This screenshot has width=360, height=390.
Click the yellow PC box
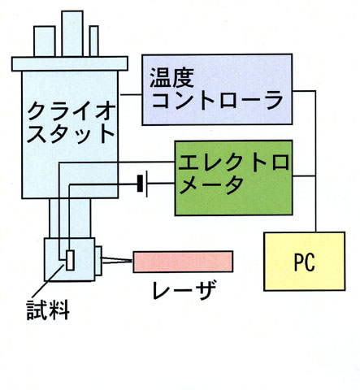tap(305, 262)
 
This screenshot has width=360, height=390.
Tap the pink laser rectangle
tap(183, 262)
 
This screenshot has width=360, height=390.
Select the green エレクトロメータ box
tap(233, 178)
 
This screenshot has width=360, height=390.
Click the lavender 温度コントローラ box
tap(217, 89)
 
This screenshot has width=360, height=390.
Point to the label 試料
tap(48, 310)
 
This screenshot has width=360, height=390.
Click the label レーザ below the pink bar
tap(184, 290)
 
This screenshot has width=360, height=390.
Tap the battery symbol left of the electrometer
tap(142, 184)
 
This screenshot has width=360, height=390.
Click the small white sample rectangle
tap(70, 260)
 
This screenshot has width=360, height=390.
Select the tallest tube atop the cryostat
tap(72, 33)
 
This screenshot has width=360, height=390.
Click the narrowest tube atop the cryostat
tap(93, 41)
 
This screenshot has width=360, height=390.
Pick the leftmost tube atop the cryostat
tap(45, 41)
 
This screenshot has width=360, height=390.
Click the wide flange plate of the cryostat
tap(70, 63)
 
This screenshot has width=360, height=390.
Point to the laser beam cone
tap(117, 260)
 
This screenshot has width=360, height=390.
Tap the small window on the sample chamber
tap(98, 261)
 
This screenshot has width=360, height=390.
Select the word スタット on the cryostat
tap(71, 134)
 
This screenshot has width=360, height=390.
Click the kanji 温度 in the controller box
tap(171, 78)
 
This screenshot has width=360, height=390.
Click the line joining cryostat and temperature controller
tap(131, 94)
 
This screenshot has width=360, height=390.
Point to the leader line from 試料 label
tap(49, 280)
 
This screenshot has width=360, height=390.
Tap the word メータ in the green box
tap(211, 184)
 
